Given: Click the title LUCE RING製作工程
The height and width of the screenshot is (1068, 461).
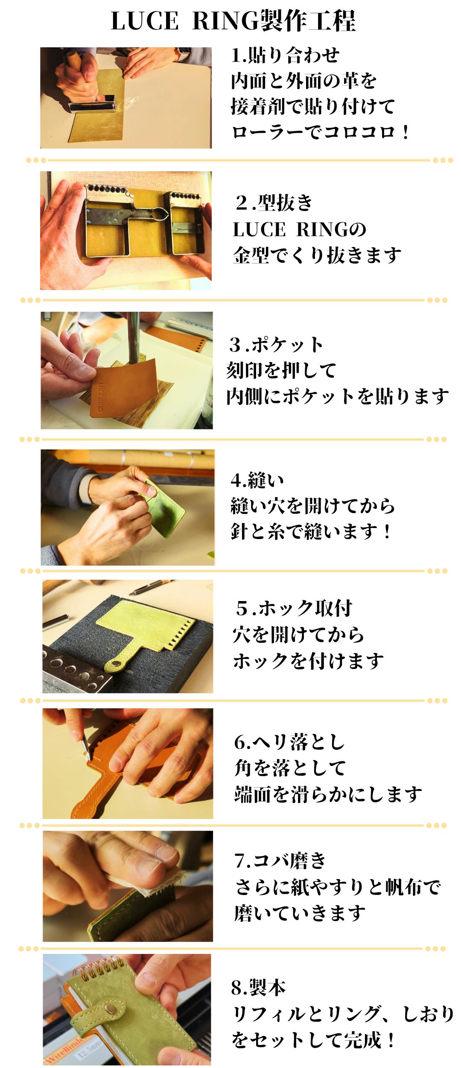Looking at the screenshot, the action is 233,21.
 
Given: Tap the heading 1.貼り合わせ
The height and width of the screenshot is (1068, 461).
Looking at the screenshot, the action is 285,55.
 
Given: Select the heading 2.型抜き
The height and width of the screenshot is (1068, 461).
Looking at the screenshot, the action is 274,202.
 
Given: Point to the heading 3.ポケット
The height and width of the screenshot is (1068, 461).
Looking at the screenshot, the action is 276,345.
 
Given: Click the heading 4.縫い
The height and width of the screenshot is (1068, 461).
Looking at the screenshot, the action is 257,480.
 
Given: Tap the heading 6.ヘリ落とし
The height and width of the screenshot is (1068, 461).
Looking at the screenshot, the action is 289,742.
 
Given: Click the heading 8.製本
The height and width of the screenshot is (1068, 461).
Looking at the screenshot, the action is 259,987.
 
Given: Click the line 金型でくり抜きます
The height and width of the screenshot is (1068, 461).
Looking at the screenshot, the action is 317,255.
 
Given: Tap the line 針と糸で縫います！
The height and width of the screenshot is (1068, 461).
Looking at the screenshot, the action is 311,531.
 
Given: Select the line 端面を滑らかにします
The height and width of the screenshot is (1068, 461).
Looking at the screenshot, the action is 328,795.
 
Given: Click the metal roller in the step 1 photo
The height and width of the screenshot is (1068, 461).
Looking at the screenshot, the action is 92,103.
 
